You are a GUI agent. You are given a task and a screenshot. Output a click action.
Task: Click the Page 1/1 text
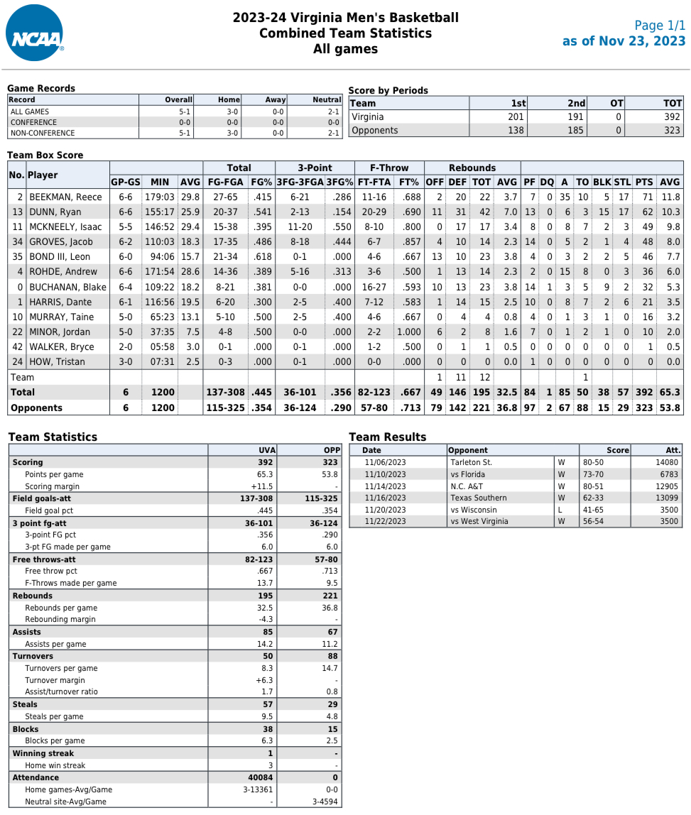[x=659, y=26]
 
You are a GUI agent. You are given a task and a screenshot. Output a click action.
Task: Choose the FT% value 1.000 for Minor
[x=408, y=332]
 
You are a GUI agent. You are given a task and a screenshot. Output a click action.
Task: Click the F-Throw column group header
[x=389, y=168]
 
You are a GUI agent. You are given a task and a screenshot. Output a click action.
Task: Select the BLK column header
[x=602, y=182]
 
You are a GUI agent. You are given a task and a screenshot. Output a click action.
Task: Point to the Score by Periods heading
[x=388, y=91]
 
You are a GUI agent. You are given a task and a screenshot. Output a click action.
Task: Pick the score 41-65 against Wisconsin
[x=594, y=510]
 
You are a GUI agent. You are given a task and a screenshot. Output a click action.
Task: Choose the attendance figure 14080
[x=666, y=462]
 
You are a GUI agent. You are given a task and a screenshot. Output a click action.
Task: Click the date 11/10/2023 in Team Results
[x=385, y=474]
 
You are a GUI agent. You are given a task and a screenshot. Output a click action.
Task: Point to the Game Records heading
[x=41, y=89]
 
